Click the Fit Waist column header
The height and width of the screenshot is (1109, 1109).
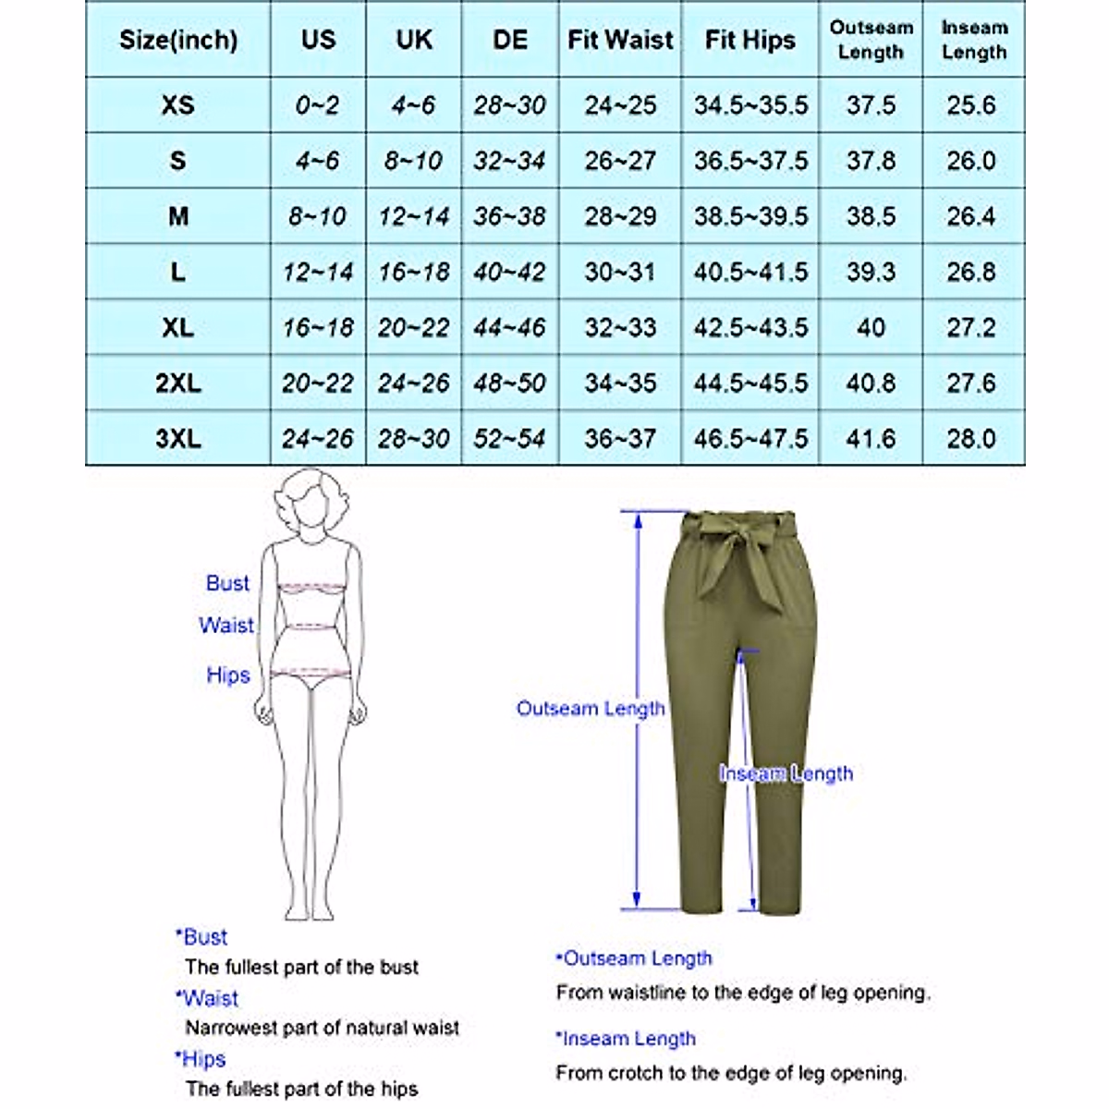pyautogui.click(x=620, y=40)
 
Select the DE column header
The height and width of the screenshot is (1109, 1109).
pyautogui.click(x=509, y=40)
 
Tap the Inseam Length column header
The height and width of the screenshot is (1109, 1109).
pyautogui.click(x=973, y=40)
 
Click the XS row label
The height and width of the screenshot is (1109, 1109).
pyautogui.click(x=177, y=104)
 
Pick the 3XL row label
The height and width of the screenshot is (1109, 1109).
pyautogui.click(x=177, y=438)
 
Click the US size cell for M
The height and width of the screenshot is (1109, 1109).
pyautogui.click(x=317, y=216)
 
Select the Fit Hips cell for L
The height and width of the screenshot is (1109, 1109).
pyautogui.click(x=750, y=272)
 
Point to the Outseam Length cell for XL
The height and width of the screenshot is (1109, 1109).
pyautogui.click(x=871, y=327)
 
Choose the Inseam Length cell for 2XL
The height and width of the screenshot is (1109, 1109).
pyautogui.click(x=971, y=383)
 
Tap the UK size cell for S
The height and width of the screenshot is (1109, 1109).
pyautogui.click(x=413, y=161)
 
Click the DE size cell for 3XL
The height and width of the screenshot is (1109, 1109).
pyautogui.click(x=509, y=438)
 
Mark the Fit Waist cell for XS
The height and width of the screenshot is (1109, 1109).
pyautogui.click(x=620, y=104)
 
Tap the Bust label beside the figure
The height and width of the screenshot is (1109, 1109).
pyautogui.click(x=227, y=583)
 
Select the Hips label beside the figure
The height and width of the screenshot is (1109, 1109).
pyautogui.click(x=227, y=675)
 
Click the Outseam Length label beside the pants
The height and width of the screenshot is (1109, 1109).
pyautogui.click(x=591, y=709)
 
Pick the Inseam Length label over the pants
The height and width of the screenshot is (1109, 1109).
pyautogui.click(x=786, y=774)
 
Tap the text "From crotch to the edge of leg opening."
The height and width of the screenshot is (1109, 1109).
pyautogui.click(x=731, y=1073)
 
